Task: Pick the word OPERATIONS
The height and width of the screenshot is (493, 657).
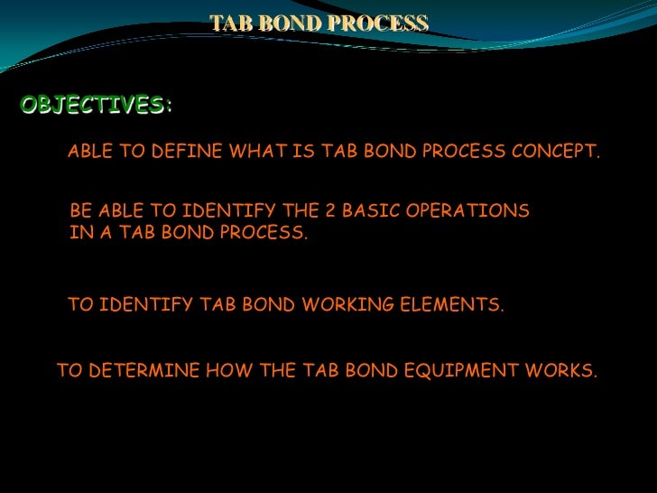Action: [x=476, y=211]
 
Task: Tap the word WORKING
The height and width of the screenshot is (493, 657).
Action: [x=347, y=306]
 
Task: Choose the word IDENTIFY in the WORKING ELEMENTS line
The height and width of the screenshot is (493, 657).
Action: [x=146, y=306]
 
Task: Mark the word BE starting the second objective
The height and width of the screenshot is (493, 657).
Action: [x=80, y=211]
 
